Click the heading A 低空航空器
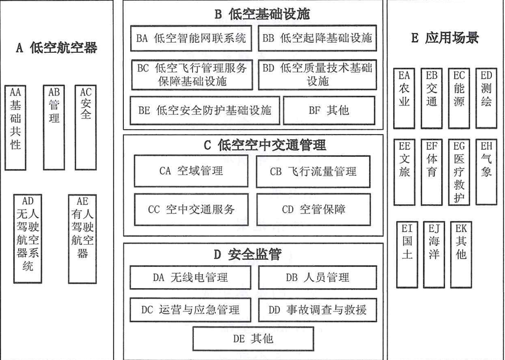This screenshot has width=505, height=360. tap(57, 48)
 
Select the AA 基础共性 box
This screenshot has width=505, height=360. tap(16, 127)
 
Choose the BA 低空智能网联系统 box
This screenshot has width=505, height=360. tap(191, 39)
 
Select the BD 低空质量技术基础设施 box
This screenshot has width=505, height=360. tap(317, 75)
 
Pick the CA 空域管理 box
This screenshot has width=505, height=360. tap(191, 171)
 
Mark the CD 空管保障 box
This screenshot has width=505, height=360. tap(313, 209)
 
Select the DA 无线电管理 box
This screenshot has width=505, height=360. tap(190, 277)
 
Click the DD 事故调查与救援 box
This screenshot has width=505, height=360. tap(318, 310)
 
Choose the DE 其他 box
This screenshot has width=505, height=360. tap(253, 339)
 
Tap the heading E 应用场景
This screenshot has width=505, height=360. tap(445, 39)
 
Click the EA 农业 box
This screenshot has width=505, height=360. tap(405, 98)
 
